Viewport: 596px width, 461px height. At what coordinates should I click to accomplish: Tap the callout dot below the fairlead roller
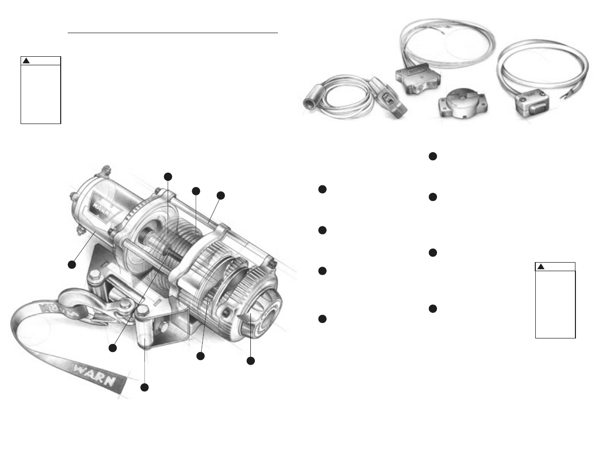point(144,387)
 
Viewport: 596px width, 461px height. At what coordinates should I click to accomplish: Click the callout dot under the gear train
point(201,356)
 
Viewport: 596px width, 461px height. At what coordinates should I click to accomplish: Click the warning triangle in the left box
point(27,61)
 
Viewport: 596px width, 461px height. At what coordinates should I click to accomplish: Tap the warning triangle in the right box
point(541,267)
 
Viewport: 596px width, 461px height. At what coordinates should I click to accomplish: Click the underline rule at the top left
point(173,34)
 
